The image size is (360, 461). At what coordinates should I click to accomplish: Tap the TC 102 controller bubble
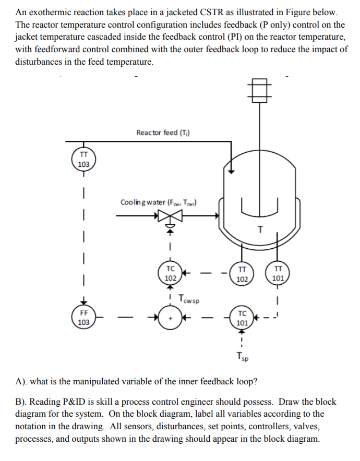click(170, 273)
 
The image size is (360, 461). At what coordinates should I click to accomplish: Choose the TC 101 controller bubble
click(242, 318)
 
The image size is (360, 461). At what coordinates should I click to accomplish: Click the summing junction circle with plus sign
click(170, 318)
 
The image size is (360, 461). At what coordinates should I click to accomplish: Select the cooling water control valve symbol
click(170, 215)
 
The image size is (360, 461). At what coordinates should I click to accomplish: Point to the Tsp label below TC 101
click(242, 357)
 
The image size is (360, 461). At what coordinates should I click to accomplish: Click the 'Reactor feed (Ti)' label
click(163, 132)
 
